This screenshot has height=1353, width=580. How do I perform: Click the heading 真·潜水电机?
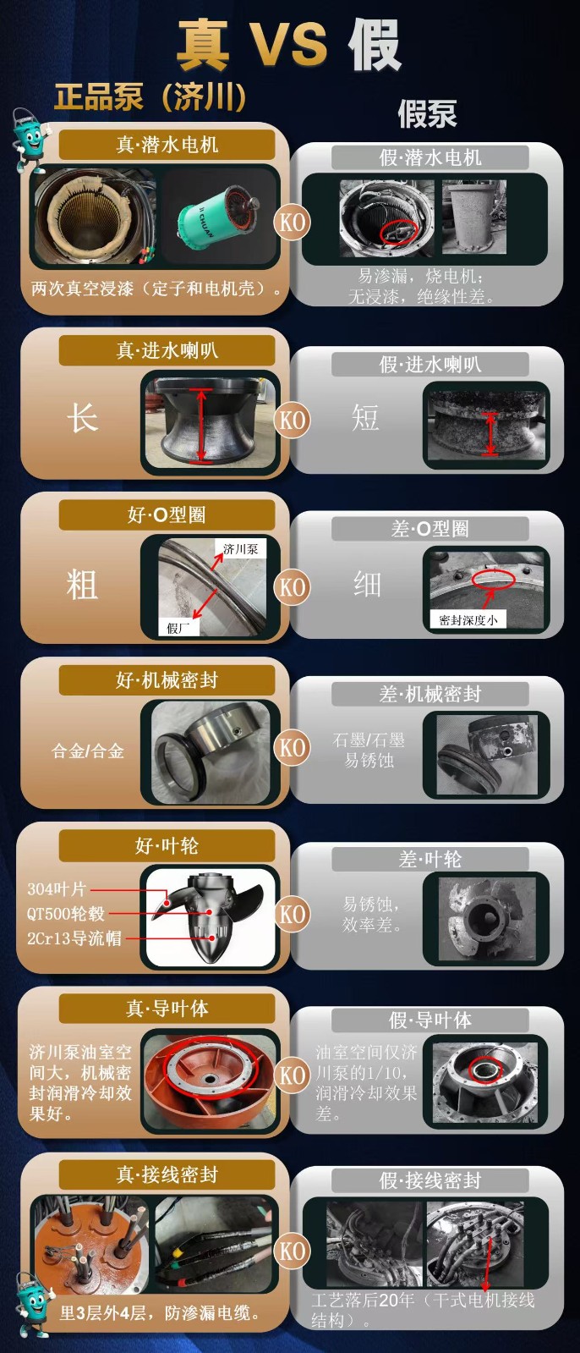click(x=167, y=145)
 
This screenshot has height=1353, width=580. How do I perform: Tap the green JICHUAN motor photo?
click(x=219, y=214)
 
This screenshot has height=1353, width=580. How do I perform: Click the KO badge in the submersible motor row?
click(x=293, y=223)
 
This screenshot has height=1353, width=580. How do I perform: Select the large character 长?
click(x=82, y=418)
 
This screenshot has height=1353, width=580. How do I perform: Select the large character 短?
click(x=365, y=417)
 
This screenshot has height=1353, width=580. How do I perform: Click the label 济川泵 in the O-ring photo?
click(x=240, y=549)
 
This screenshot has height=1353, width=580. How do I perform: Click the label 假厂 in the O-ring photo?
click(x=178, y=627)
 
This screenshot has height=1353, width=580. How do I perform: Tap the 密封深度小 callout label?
click(x=468, y=619)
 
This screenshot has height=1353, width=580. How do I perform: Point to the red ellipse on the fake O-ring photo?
click(x=493, y=579)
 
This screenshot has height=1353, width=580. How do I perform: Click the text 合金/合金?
click(x=88, y=751)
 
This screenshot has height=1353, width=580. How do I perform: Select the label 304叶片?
click(x=57, y=889)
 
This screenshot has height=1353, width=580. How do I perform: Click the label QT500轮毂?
click(x=65, y=914)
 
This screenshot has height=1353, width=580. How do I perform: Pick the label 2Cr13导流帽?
click(x=74, y=938)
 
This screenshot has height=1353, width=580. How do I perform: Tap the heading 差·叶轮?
click(x=430, y=860)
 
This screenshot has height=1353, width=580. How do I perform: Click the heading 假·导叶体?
click(x=430, y=1020)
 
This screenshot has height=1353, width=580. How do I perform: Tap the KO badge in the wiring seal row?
click(x=293, y=1251)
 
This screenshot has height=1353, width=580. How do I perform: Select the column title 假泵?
click(x=427, y=114)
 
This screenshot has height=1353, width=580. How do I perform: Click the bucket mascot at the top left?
click(x=30, y=137)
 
